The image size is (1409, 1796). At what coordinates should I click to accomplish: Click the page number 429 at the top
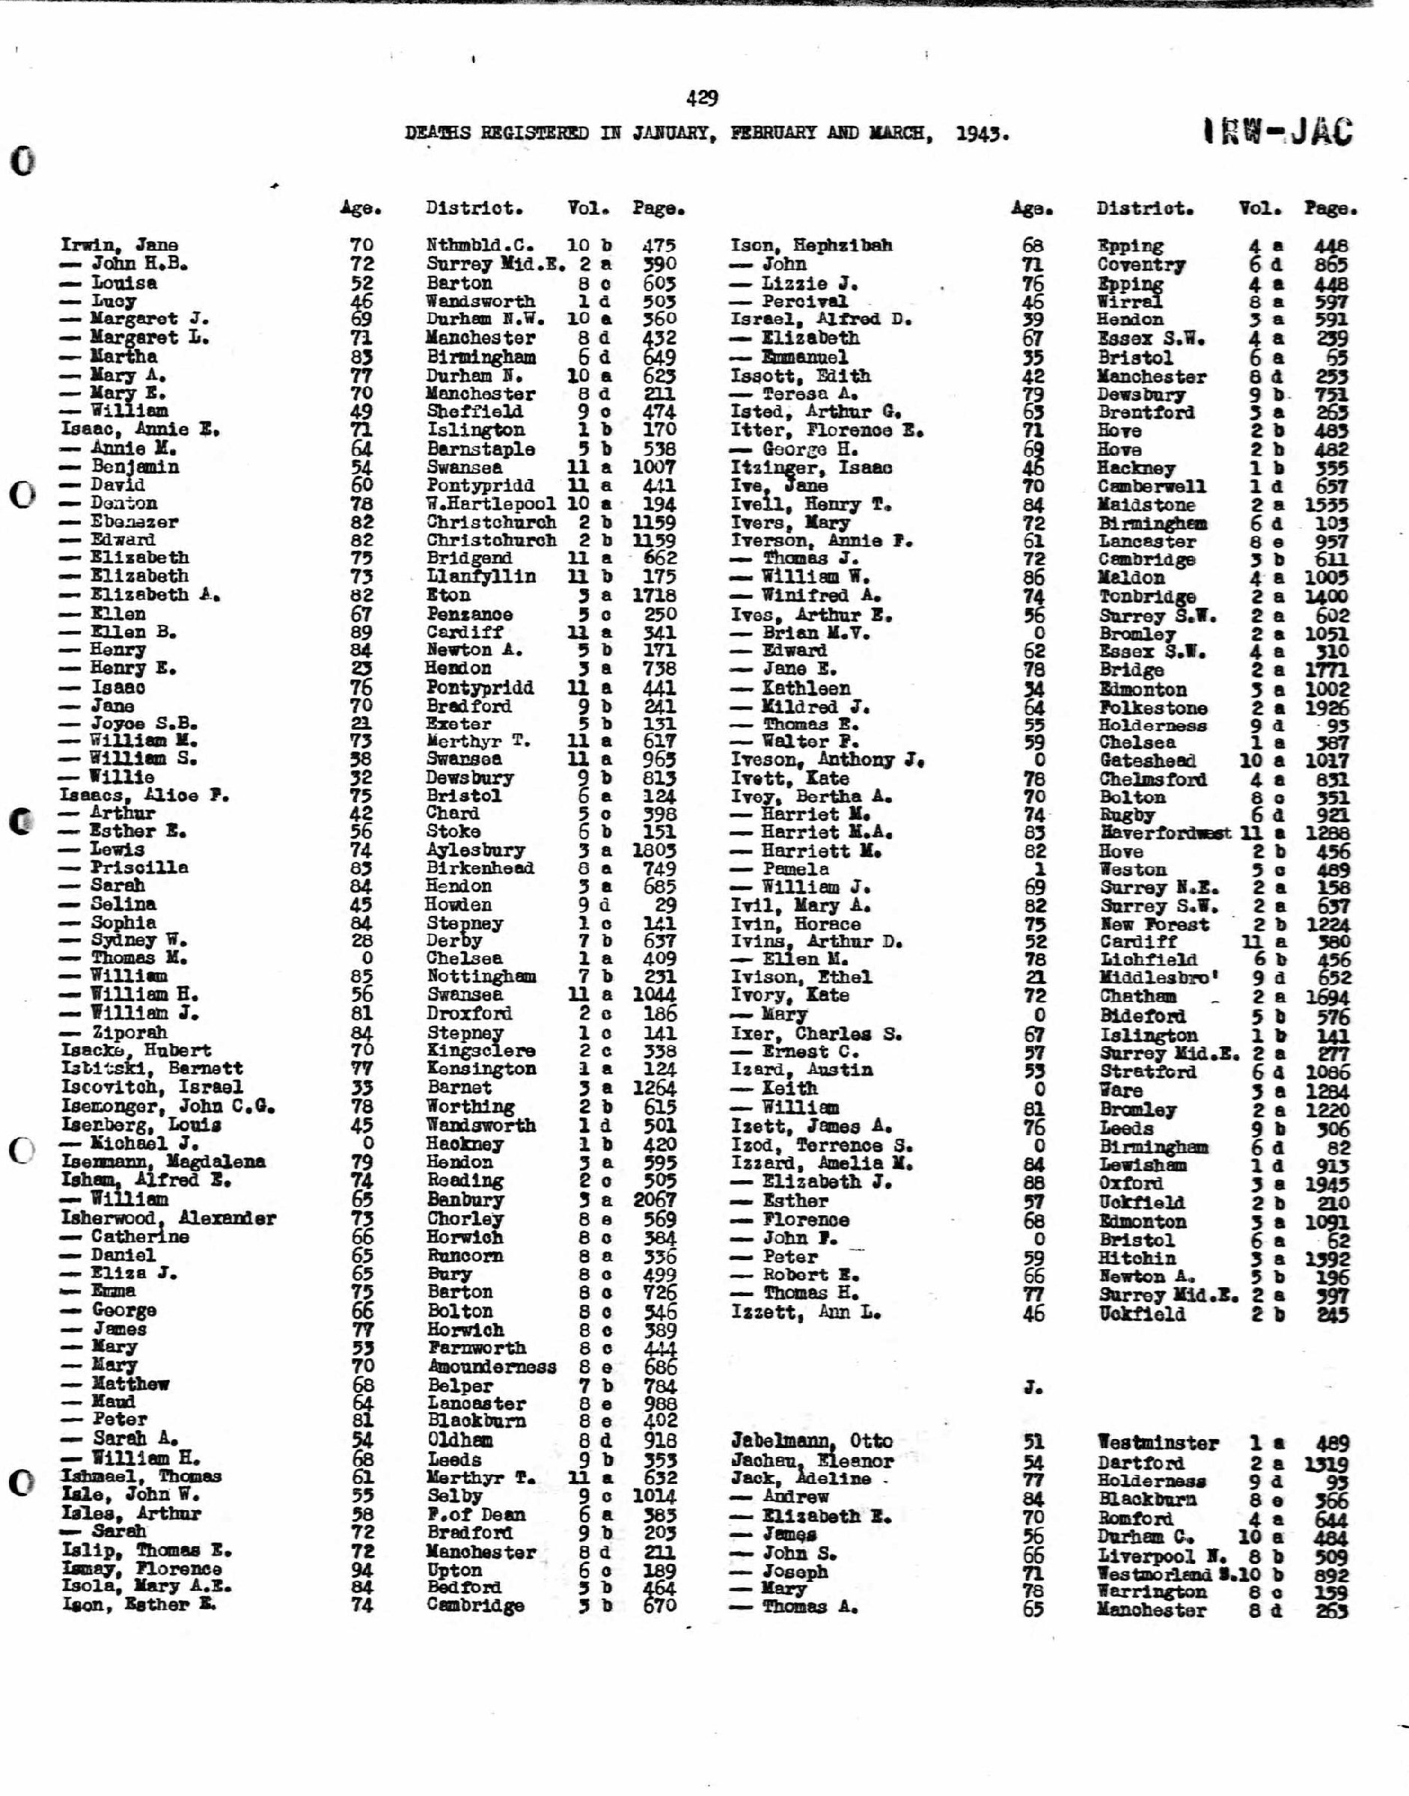[x=701, y=99]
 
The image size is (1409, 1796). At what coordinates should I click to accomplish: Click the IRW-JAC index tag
[x=1277, y=132]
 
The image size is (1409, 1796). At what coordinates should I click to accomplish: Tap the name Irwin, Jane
[x=119, y=245]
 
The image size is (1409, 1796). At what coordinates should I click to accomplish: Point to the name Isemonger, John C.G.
[x=168, y=1106]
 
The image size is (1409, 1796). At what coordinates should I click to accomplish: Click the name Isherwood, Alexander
[x=168, y=1218]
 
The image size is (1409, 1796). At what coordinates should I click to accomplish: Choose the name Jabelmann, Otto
[x=812, y=1441]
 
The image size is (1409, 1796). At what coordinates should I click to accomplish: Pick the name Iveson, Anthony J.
[x=827, y=760]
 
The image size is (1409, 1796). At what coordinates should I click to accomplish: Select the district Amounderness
[x=492, y=1366]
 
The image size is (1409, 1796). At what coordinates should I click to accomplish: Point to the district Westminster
[x=1158, y=1443]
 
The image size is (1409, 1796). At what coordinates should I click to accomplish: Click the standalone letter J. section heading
[x=1032, y=1387]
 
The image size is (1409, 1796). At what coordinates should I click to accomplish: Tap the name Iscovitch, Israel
[x=152, y=1087]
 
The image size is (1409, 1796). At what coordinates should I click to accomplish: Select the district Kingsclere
[x=481, y=1051]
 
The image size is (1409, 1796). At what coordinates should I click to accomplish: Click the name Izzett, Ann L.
[x=805, y=1312]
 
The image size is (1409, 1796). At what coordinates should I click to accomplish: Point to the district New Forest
[x=1154, y=924]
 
